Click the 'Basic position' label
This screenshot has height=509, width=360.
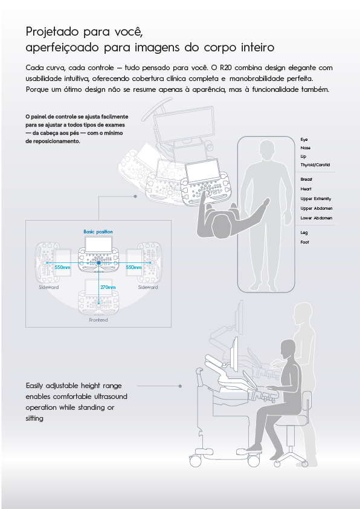click(98, 232)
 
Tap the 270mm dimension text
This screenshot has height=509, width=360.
click(108, 287)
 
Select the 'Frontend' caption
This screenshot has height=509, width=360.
click(98, 320)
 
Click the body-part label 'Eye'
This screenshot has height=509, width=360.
click(304, 140)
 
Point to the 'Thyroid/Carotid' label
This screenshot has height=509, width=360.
click(315, 165)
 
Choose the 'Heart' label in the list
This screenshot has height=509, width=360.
click(306, 189)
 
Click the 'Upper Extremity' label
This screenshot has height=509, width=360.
click(315, 199)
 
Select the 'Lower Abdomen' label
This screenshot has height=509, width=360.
click(317, 218)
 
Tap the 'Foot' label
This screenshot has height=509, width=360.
click(304, 242)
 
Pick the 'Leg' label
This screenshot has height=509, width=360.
click(304, 233)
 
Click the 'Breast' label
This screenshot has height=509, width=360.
click(306, 179)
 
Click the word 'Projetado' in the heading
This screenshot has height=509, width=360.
click(52, 32)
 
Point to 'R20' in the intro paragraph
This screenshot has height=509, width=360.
click(225, 68)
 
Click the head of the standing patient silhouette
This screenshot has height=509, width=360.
click(269, 151)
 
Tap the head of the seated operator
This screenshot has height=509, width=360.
click(288, 350)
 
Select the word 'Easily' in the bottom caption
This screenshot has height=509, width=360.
click(34, 386)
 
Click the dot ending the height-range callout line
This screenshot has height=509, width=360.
click(180, 386)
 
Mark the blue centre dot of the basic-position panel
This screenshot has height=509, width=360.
click(98, 262)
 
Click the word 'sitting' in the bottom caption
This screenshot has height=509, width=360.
click(34, 418)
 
